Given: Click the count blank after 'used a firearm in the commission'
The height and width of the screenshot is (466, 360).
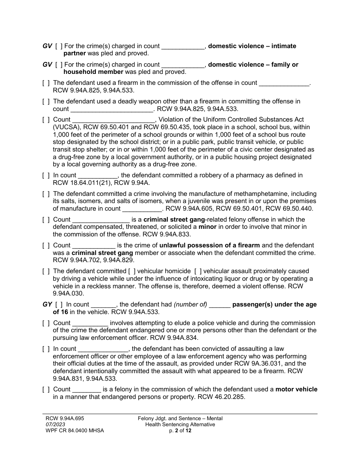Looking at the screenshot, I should (x=284, y=83).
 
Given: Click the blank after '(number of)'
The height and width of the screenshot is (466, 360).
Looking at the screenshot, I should (x=219, y=305).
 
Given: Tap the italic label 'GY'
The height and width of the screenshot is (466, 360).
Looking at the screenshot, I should (x=47, y=305).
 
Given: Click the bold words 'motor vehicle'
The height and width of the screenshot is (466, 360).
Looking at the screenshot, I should (x=296, y=389).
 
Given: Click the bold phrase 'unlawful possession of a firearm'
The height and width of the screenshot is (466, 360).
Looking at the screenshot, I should (x=210, y=246).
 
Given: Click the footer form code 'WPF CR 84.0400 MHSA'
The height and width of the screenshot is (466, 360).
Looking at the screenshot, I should (x=72, y=431).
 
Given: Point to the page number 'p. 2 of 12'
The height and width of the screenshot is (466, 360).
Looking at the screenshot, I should (x=180, y=431).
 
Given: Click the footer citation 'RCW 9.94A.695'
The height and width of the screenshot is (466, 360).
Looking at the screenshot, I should (x=63, y=419).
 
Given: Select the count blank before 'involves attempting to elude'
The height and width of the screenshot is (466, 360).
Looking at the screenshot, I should (x=90, y=323).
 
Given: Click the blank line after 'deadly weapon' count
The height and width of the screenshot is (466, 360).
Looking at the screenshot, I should (x=112, y=109).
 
